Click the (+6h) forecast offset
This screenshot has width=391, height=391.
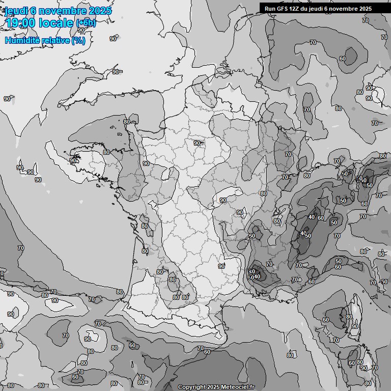86,23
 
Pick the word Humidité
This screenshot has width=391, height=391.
22,40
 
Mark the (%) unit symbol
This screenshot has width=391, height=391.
78,40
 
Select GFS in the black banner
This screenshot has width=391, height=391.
283,9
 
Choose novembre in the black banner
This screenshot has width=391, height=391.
345,9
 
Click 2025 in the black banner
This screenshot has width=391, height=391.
365,9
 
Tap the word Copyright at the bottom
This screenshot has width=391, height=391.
191,387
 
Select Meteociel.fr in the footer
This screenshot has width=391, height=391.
238,387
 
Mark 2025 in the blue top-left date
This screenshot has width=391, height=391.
100,11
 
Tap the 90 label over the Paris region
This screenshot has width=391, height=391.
197,143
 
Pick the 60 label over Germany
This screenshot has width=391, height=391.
342,59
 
